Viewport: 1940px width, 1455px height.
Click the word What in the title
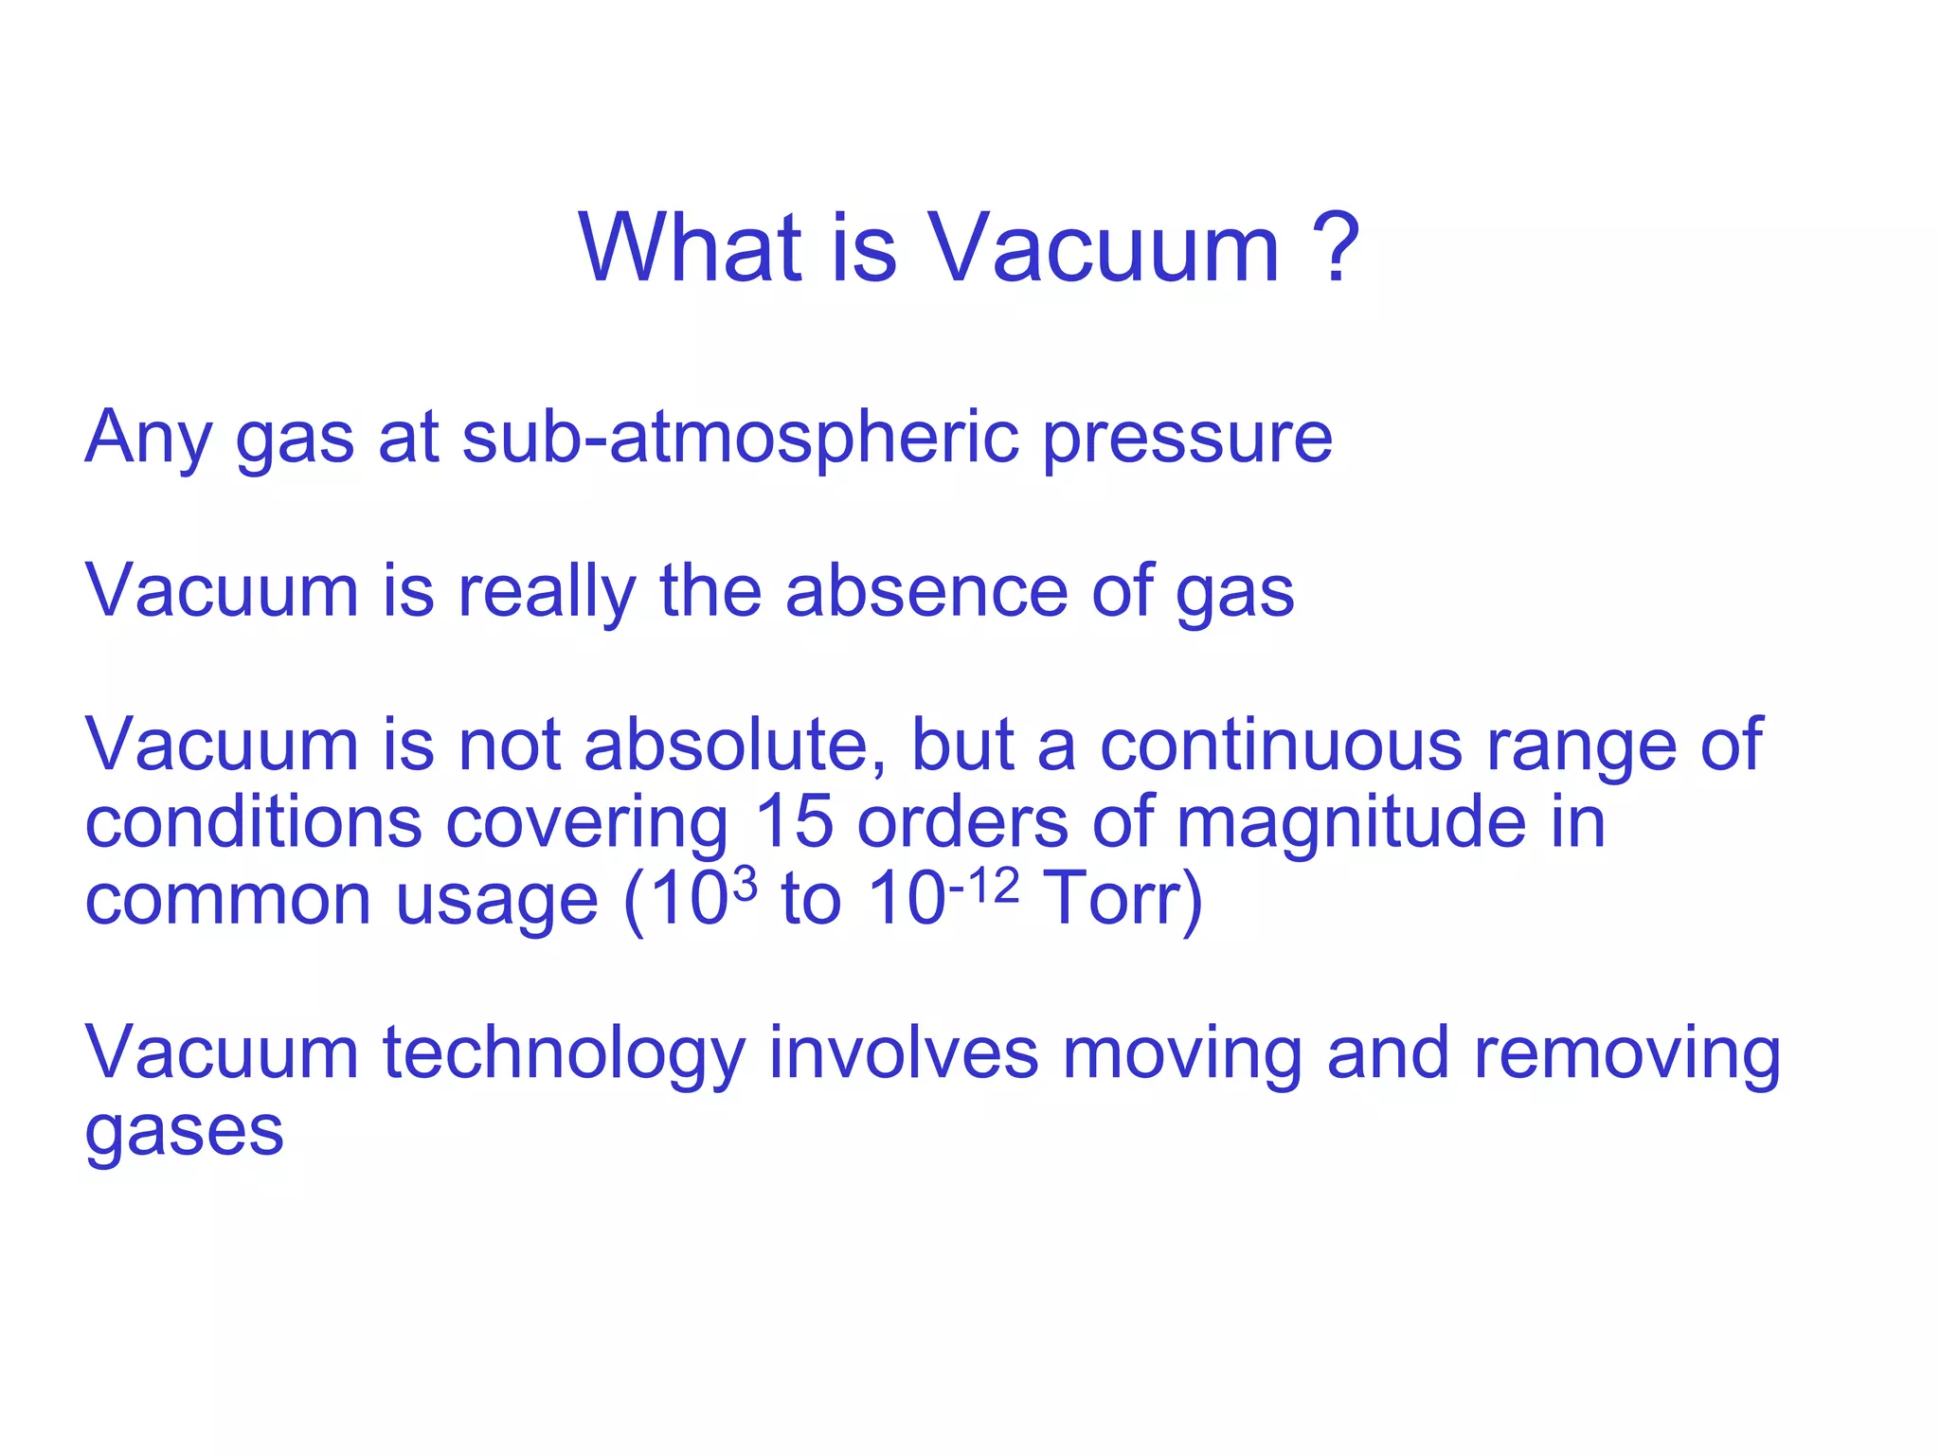pyautogui.click(x=689, y=248)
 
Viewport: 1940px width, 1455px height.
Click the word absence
pyautogui.click(x=926, y=592)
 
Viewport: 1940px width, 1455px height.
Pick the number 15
pyautogui.click(x=794, y=821)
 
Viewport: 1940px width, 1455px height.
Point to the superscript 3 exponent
pyautogui.click(x=745, y=885)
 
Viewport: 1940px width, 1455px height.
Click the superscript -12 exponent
pyautogui.click(x=984, y=887)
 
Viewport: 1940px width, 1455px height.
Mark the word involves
pyautogui.click(x=903, y=1052)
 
